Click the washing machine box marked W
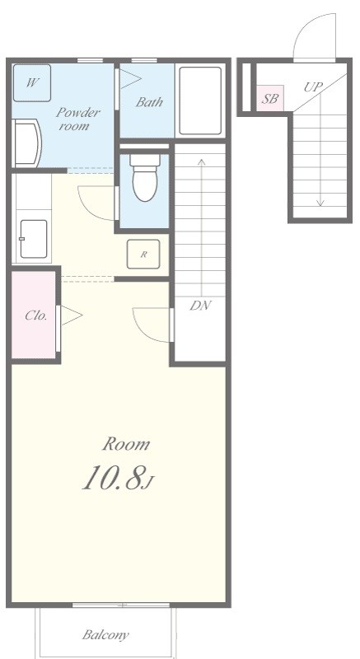pyautogui.click(x=32, y=83)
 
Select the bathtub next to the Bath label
pyautogui.click(x=200, y=100)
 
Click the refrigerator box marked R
pyautogui.click(x=143, y=254)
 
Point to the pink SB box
pyautogui.click(x=270, y=98)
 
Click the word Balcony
pyautogui.click(x=105, y=634)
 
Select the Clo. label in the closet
pyautogui.click(x=35, y=315)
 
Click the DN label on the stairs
pyautogui.click(x=200, y=306)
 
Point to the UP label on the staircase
pyautogui.click(x=313, y=87)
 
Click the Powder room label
pyautogui.click(x=78, y=119)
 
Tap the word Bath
pyautogui.click(x=149, y=101)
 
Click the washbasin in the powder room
pyautogui.click(x=27, y=143)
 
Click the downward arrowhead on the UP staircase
pyautogui.click(x=320, y=203)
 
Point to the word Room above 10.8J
pyautogui.click(x=126, y=444)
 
